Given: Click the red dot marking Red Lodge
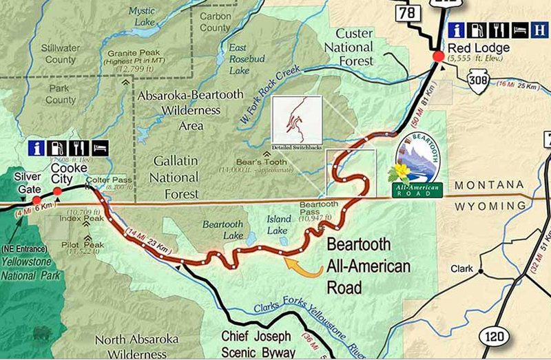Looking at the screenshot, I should (x=437, y=56).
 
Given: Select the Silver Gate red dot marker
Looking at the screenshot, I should (x=37, y=200).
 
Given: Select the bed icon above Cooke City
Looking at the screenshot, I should (x=100, y=148).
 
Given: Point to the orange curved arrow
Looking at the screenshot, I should (x=302, y=266).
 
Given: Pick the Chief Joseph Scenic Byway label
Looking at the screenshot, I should (x=258, y=343).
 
